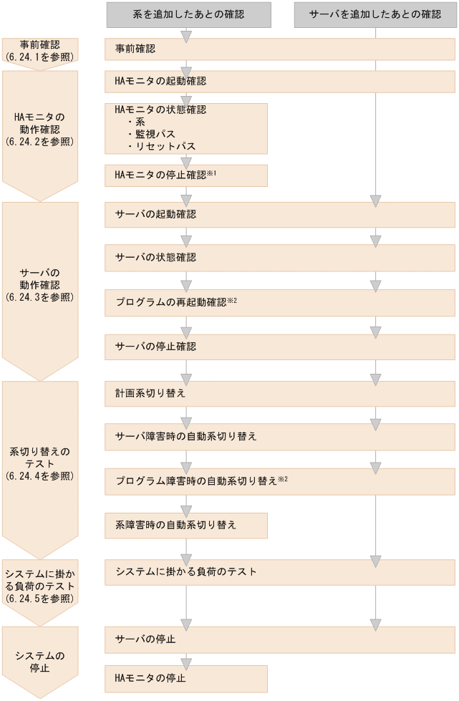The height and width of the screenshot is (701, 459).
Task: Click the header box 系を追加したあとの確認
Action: click(188, 14)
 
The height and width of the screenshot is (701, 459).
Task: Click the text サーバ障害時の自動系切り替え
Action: click(185, 435)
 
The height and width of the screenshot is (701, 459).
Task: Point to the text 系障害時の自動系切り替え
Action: click(171, 525)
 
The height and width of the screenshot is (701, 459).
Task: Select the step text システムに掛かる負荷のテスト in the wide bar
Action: click(185, 572)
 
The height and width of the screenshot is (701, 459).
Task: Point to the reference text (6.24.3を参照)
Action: click(39, 295)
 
